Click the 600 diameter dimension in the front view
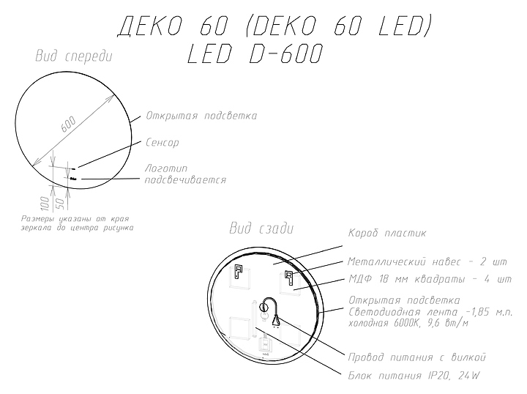67,125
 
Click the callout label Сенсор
162,142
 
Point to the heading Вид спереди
73,56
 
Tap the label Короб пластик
386,233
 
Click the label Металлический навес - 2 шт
427,261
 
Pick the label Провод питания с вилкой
416,357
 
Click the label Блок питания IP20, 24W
414,376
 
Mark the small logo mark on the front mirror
73,177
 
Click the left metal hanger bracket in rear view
238,275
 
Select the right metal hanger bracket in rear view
288,278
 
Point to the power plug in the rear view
277,319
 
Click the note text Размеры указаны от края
70,219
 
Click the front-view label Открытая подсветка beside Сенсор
201,116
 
